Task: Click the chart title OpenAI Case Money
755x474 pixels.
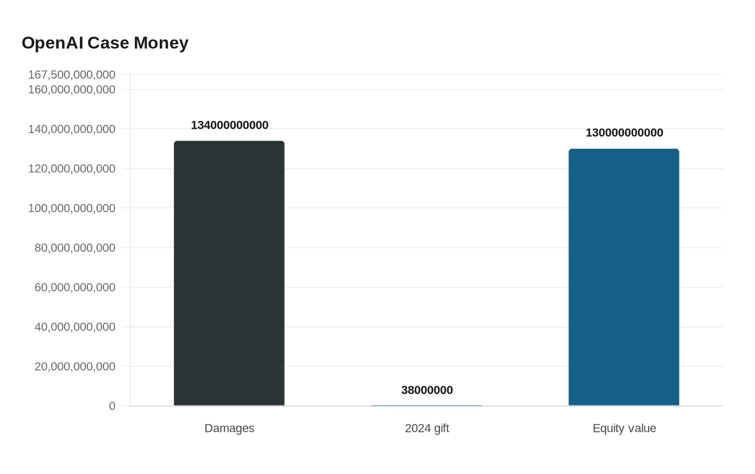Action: pos(105,43)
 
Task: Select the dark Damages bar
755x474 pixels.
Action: pos(229,273)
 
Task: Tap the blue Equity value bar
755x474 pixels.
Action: pos(624,277)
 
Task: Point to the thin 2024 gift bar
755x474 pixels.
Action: pos(427,405)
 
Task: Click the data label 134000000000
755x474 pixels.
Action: pos(230,126)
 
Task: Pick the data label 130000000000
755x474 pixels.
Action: pos(624,133)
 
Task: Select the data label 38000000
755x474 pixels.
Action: pos(427,390)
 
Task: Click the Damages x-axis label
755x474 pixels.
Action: pos(229,428)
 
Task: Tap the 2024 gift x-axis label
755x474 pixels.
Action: pos(427,428)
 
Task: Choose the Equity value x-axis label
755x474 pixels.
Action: pos(624,428)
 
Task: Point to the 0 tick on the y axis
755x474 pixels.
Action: pos(112,406)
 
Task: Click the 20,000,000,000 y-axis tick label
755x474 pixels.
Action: pos(75,367)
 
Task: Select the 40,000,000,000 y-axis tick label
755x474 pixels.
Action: pos(75,327)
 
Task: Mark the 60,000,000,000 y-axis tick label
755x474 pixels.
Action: pos(75,288)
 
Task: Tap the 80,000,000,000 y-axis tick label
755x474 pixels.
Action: pos(75,248)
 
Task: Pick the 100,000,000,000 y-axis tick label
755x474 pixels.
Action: pos(72,208)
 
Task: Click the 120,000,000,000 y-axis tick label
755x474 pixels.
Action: pos(72,169)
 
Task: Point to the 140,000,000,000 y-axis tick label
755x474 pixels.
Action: pos(72,129)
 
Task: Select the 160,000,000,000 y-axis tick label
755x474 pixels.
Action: pos(72,90)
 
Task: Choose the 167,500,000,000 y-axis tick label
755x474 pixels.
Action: pos(72,75)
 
